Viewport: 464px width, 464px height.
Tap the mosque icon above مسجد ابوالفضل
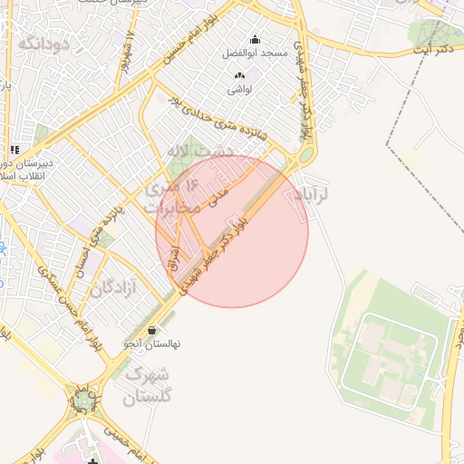point(255,39)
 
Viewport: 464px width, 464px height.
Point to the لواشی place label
point(239,90)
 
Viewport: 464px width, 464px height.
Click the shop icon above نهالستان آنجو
point(151,329)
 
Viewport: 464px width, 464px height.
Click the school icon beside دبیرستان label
point(14,150)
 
